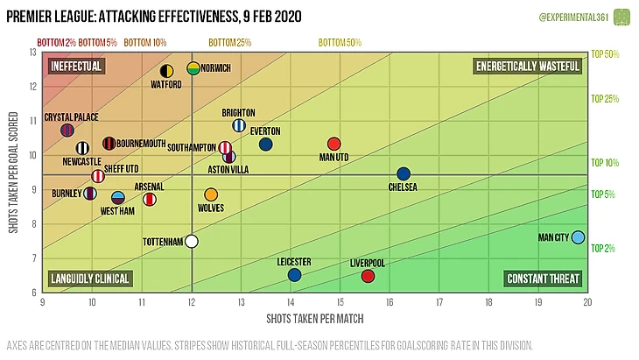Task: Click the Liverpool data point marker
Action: click(368, 277)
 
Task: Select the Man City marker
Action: click(578, 236)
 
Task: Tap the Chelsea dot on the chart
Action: click(404, 174)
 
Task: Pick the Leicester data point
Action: click(294, 275)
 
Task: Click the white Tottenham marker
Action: click(192, 242)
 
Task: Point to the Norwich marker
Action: click(193, 68)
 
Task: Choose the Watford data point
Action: click(166, 71)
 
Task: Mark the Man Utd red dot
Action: click(333, 144)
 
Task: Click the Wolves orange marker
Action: click(211, 194)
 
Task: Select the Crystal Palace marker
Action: click(67, 131)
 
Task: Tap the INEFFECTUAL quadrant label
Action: click(77, 67)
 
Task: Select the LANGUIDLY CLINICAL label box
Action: click(91, 279)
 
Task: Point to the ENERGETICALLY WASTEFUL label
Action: click(528, 67)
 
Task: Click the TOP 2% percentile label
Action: click(605, 249)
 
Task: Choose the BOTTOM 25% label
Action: click(230, 42)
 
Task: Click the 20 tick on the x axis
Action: click(588, 301)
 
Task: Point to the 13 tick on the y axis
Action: click(33, 53)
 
